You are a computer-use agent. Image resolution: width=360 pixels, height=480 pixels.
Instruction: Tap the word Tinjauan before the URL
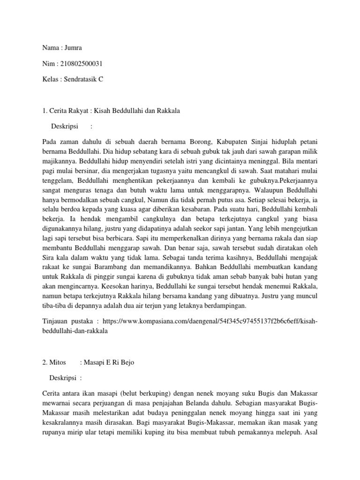(x=56, y=321)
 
